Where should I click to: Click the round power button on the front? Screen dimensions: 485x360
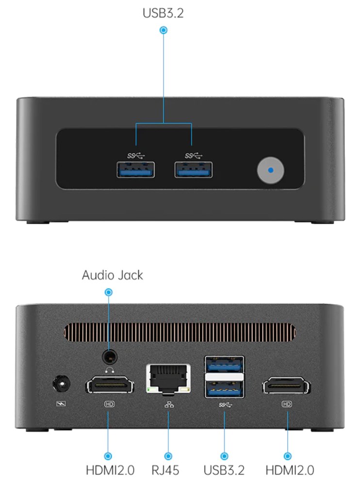tap(270, 170)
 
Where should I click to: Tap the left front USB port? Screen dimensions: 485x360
tap(136, 169)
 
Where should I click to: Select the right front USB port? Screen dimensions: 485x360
tap(194, 169)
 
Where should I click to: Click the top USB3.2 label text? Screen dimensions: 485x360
tap(163, 13)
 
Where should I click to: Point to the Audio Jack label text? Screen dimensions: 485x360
tap(113, 275)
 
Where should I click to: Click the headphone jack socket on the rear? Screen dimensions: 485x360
tap(109, 358)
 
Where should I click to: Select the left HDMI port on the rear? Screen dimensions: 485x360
tap(110, 386)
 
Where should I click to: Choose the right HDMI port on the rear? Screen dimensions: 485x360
tap(287, 386)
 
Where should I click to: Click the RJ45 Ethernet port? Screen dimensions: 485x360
tap(168, 378)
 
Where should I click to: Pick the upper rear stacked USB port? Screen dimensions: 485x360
tap(224, 364)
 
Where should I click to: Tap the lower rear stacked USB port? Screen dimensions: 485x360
tap(224, 388)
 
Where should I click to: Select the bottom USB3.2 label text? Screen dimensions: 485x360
tap(224, 469)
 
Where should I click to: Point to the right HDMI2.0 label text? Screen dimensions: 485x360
tap(290, 469)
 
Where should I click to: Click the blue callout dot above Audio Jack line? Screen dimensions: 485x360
tap(109, 292)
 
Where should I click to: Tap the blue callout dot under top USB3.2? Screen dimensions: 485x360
tap(164, 30)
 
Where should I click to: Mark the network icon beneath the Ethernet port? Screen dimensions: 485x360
tap(168, 404)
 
